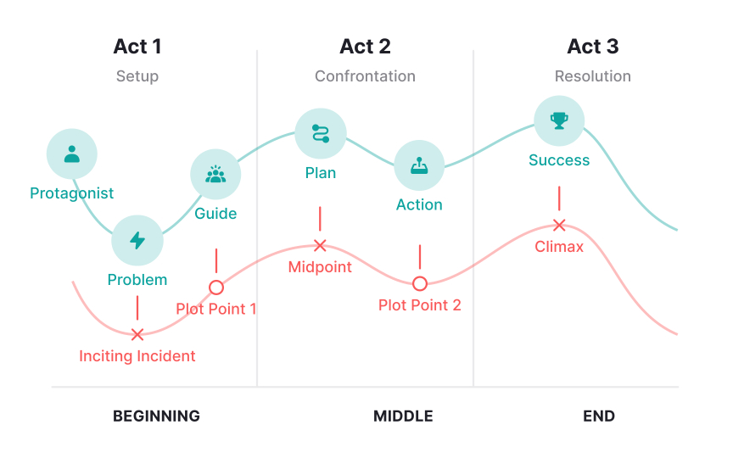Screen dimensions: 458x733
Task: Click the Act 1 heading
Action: pyautogui.click(x=137, y=47)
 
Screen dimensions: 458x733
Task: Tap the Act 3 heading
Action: pyautogui.click(x=593, y=47)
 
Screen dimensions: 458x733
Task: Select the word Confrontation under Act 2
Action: pyautogui.click(x=365, y=76)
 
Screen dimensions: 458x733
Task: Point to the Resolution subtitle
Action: pyautogui.click(x=593, y=76)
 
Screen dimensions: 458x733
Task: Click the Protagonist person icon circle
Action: pyautogui.click(x=72, y=154)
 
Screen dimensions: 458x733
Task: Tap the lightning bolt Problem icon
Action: pyautogui.click(x=137, y=241)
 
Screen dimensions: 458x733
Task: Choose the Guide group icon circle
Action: pyautogui.click(x=216, y=175)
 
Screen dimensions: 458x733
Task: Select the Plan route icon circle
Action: pyautogui.click(x=321, y=133)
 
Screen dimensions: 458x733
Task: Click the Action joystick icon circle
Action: pyautogui.click(x=419, y=165)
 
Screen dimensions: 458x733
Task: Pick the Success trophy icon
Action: pyautogui.click(x=559, y=120)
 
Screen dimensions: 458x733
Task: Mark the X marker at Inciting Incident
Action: pyautogui.click(x=137, y=335)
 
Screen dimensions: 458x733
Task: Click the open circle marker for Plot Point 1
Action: pyautogui.click(x=216, y=287)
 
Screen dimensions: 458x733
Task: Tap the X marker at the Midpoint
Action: pyautogui.click(x=320, y=246)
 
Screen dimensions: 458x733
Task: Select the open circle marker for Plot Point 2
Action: pyautogui.click(x=419, y=283)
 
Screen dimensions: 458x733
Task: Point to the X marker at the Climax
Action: pyautogui.click(x=559, y=225)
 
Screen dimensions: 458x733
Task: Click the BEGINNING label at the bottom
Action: pyautogui.click(x=156, y=416)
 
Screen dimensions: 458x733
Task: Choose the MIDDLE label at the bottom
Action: pyautogui.click(x=403, y=416)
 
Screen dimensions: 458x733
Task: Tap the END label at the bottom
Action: pyautogui.click(x=599, y=416)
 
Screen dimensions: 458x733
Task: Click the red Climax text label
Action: pyautogui.click(x=559, y=248)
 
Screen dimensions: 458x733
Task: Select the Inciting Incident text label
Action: pyautogui.click(x=137, y=356)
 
